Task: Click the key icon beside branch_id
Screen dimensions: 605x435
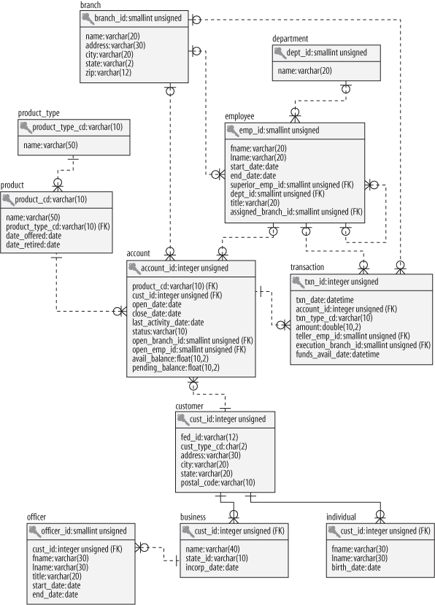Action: (x=87, y=17)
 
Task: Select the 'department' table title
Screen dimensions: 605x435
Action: (x=290, y=38)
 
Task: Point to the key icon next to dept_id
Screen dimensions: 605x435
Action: (x=280, y=53)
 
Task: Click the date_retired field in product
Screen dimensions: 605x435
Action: (x=33, y=244)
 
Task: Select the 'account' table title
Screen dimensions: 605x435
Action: (x=139, y=254)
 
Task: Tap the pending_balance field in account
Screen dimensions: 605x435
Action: (x=176, y=367)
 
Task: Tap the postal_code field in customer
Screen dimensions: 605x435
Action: (x=217, y=482)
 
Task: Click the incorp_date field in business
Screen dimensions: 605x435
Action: (x=212, y=566)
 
